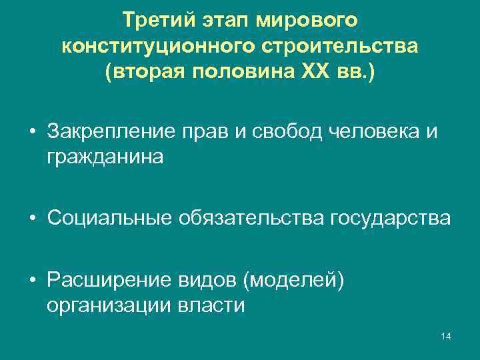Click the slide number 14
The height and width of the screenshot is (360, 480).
point(446,335)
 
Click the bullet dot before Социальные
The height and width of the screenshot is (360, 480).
point(31,218)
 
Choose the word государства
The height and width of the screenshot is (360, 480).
point(390,218)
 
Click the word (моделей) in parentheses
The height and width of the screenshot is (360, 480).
point(294,281)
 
